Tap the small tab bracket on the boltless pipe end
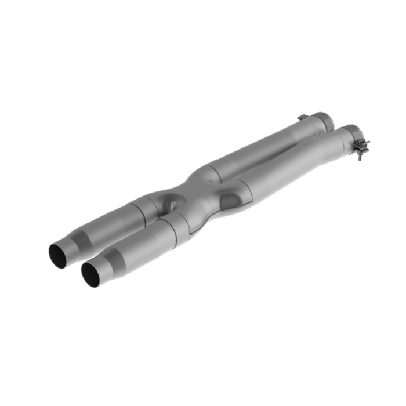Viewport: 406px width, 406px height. [x=302, y=117]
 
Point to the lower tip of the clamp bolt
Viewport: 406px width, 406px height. [x=361, y=158]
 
